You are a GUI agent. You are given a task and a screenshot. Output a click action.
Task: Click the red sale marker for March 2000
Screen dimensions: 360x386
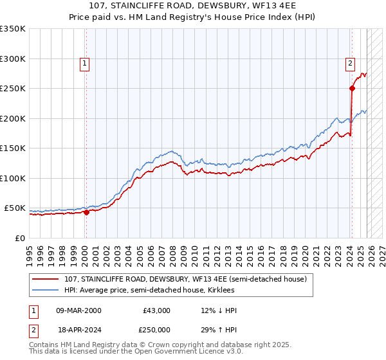(x=86, y=213)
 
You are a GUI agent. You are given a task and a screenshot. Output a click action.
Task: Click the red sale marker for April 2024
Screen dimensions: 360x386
(x=353, y=89)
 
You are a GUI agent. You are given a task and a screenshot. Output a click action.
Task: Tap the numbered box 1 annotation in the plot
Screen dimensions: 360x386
(x=85, y=63)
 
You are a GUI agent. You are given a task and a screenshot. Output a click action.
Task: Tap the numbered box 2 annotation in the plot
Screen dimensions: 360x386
(x=350, y=63)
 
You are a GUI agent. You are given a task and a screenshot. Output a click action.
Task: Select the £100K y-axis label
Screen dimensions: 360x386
(x=13, y=178)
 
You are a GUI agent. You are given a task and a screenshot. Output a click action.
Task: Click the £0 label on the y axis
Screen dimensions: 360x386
(x=20, y=238)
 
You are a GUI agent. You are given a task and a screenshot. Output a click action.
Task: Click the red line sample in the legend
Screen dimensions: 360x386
(x=46, y=279)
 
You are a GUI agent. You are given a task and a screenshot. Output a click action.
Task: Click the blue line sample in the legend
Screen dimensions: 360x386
(x=46, y=290)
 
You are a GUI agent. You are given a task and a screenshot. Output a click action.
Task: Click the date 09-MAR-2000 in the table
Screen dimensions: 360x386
(x=79, y=310)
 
